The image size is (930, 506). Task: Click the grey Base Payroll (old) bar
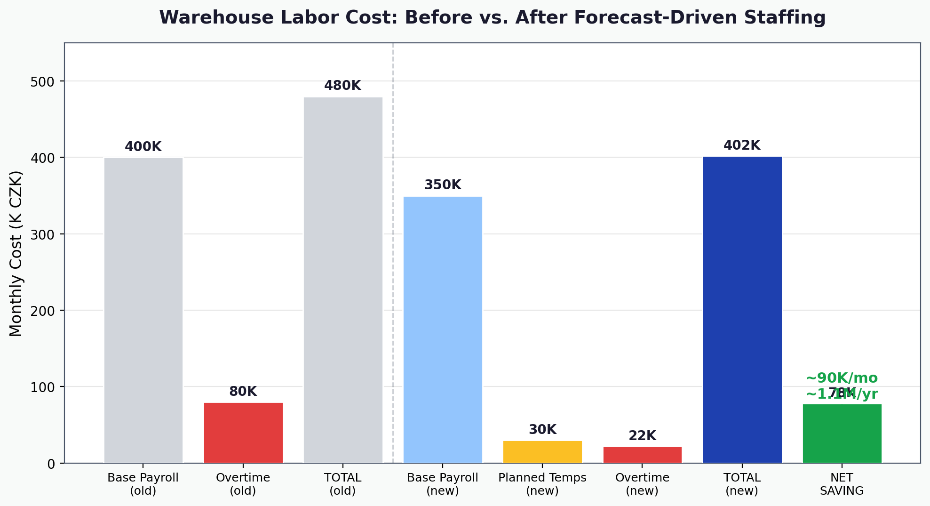tap(143, 311)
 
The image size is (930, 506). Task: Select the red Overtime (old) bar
tap(243, 433)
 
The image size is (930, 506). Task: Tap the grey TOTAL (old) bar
tap(343, 280)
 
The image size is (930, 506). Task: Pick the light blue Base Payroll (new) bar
tap(443, 329)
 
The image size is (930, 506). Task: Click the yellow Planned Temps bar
tap(542, 452)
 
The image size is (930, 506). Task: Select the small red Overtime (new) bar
tap(642, 455)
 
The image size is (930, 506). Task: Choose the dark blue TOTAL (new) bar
tap(742, 310)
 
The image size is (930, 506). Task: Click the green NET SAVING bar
tap(842, 434)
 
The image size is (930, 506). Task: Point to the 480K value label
tap(342, 86)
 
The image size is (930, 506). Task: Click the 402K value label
tap(742, 145)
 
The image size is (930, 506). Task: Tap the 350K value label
tap(443, 185)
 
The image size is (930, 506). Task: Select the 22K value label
tap(642, 436)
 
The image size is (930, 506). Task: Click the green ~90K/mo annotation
tap(842, 378)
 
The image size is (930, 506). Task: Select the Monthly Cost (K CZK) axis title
tap(16, 253)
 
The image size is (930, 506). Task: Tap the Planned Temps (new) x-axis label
tap(542, 484)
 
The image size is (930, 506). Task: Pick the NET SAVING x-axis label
tap(842, 484)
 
